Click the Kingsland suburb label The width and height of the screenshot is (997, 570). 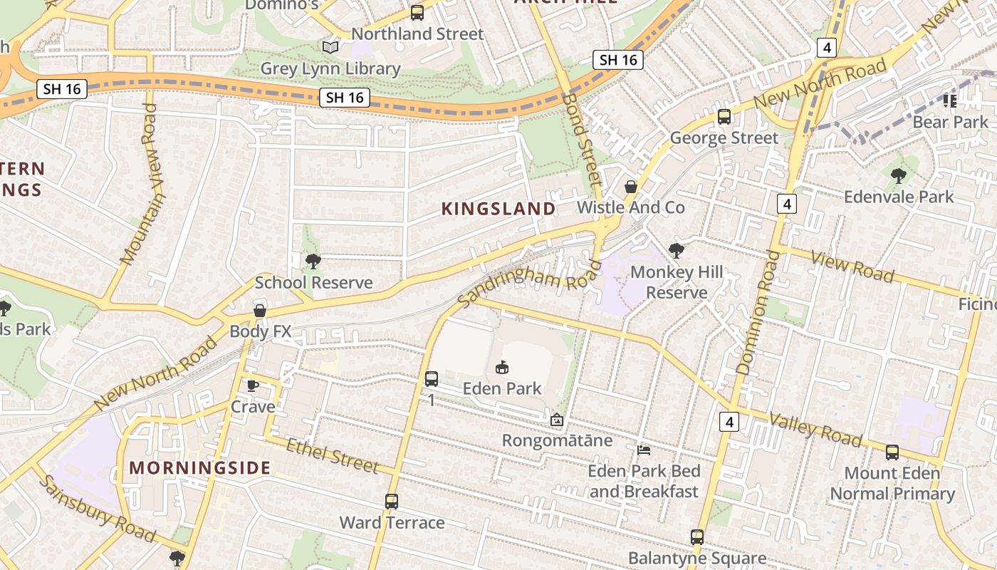click(x=499, y=209)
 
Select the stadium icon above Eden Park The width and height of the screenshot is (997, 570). click(x=502, y=368)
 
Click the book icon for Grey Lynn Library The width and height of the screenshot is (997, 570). click(x=330, y=48)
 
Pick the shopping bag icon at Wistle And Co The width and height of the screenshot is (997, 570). click(x=630, y=187)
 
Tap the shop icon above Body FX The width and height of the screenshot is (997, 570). click(x=260, y=311)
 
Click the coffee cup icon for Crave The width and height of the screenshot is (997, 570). click(x=252, y=385)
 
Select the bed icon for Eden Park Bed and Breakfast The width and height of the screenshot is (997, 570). click(x=644, y=450)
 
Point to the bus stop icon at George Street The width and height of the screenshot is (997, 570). click(x=724, y=116)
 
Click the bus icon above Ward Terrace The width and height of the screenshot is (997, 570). click(x=391, y=502)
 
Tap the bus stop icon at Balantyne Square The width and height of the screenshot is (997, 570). click(x=696, y=537)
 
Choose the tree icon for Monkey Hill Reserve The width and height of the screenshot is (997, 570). click(x=676, y=251)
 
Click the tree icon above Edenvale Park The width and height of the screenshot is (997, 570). click(x=898, y=175)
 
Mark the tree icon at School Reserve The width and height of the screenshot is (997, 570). click(x=313, y=261)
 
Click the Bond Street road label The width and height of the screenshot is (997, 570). click(x=581, y=139)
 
